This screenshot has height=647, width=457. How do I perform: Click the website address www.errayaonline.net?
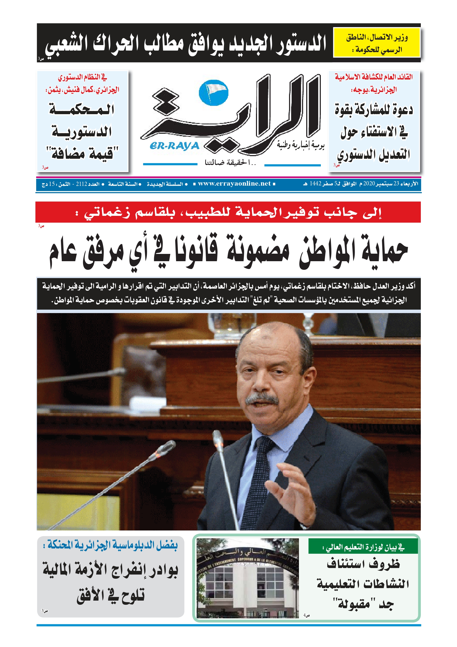tap(234, 184)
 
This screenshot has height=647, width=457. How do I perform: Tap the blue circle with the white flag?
tap(213, 93)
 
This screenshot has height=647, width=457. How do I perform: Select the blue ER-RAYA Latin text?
tap(174, 146)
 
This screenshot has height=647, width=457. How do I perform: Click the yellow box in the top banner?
tap(377, 43)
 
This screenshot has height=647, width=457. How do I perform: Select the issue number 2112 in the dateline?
tap(82, 184)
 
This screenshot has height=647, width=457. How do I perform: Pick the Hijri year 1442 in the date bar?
tap(315, 184)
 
